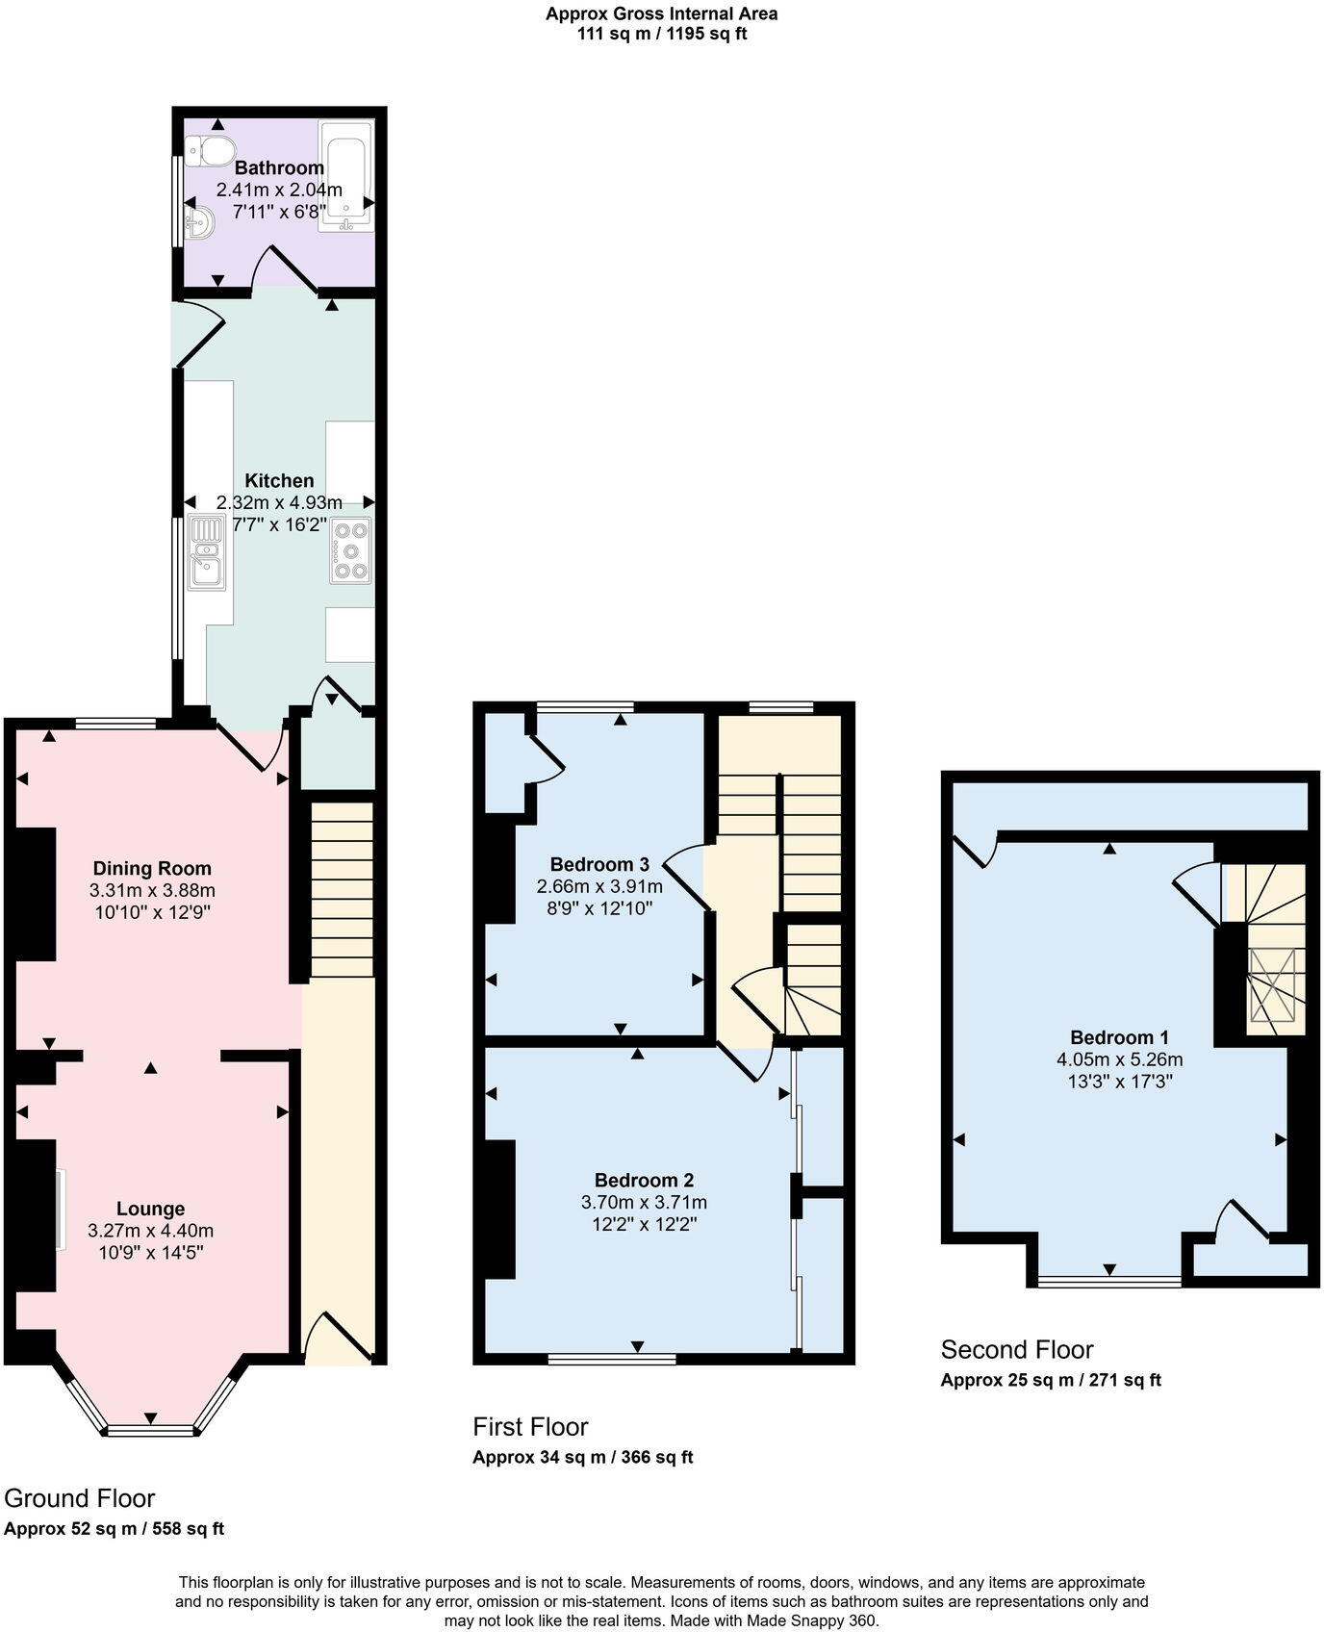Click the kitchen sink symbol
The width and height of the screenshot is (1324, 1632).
(x=207, y=551)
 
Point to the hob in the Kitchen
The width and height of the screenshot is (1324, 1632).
(x=350, y=550)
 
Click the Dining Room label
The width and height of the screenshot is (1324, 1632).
(x=152, y=869)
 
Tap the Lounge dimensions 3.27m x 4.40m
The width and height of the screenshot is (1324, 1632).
(x=150, y=1231)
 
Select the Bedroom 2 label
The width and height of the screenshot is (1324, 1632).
(x=644, y=1181)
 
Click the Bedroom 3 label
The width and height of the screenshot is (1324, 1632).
(x=599, y=864)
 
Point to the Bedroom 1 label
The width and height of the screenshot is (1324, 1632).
(x=1119, y=1037)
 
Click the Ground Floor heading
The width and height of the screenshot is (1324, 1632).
(x=80, y=1498)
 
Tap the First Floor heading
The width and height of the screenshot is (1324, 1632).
(x=530, y=1426)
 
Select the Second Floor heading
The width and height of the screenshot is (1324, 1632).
(x=1017, y=1349)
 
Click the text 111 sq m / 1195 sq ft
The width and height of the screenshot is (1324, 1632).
(x=661, y=34)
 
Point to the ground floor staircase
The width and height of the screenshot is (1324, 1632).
(x=342, y=890)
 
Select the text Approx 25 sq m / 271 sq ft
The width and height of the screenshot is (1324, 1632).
(x=1050, y=1380)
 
